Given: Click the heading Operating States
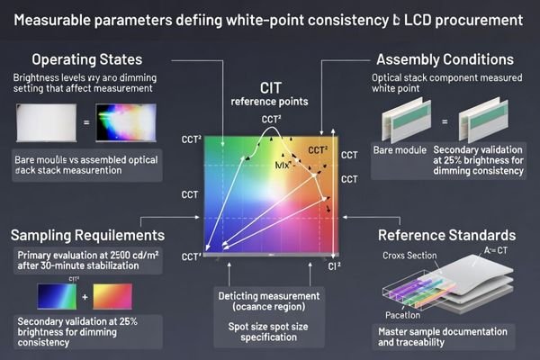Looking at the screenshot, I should pos(86,60).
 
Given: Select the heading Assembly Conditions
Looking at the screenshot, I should pos(445,60).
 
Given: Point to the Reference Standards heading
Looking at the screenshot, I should pos(446,235).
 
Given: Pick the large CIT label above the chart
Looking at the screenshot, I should pos(271,87).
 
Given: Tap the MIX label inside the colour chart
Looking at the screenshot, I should pos(285,167).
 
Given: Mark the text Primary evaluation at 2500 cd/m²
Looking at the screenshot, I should pos(88,261).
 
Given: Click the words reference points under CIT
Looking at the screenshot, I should pos(271,102).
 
